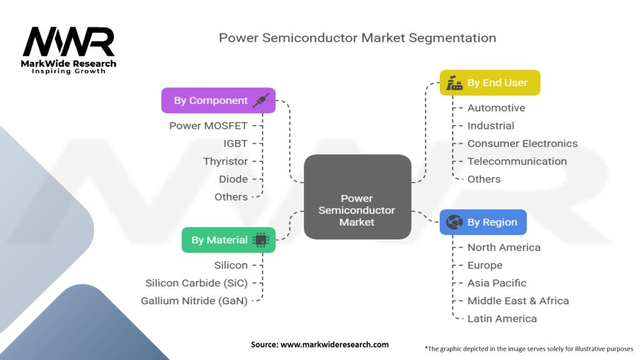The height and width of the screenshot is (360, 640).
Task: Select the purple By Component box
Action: click(218, 101)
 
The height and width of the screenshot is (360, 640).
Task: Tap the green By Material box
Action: click(228, 240)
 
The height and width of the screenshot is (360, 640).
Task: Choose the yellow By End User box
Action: click(489, 82)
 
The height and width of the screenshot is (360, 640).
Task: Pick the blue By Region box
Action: click(482, 222)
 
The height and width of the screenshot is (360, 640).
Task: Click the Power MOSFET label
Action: click(208, 126)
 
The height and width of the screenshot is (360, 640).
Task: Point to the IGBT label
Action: click(236, 143)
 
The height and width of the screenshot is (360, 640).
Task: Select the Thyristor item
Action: click(225, 161)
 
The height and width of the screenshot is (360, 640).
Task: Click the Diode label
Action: click(233, 179)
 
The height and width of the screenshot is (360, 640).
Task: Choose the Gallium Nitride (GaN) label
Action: click(194, 301)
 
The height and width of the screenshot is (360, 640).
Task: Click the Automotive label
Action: click(496, 107)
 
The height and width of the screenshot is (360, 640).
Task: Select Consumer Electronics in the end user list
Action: click(522, 143)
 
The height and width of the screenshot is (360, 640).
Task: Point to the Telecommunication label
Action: click(517, 161)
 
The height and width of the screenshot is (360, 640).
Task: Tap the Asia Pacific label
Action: click(497, 283)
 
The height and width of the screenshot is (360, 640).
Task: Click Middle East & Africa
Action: click(518, 301)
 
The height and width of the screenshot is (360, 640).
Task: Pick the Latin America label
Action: click(502, 319)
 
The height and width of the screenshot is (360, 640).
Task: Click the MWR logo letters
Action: click(69, 42)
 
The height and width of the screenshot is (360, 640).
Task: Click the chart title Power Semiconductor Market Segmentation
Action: click(357, 37)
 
